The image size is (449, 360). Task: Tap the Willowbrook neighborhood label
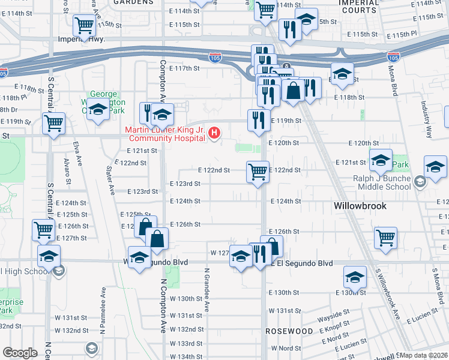click(x=359, y=206)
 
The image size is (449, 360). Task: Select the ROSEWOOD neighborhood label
click(x=290, y=331)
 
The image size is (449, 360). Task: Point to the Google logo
click(x=20, y=353)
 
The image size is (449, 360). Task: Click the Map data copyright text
click(x=424, y=355)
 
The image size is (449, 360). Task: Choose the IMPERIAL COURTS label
click(x=360, y=7)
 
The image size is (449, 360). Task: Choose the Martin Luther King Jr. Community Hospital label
click(x=166, y=135)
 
